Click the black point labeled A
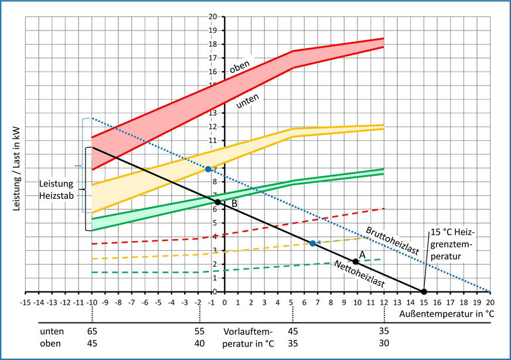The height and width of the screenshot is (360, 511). pos(355,261)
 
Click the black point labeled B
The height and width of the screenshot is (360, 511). pos(217,202)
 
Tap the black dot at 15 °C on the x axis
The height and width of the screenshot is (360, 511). pos(424,291)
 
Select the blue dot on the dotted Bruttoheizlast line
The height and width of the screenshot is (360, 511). pos(208,169)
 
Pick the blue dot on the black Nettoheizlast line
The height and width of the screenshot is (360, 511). pos(312,243)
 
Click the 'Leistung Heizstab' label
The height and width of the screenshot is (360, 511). pos(57,189)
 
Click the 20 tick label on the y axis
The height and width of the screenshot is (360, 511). pos(213,16)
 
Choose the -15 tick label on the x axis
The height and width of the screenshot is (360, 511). pos(25,303)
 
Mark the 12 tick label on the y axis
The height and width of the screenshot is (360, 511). pos(213,127)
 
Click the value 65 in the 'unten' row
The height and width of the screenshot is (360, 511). pos(92,331)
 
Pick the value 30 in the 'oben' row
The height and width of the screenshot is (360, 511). pos(383,342)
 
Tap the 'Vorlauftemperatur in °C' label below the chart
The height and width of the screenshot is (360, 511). pos(248,337)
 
